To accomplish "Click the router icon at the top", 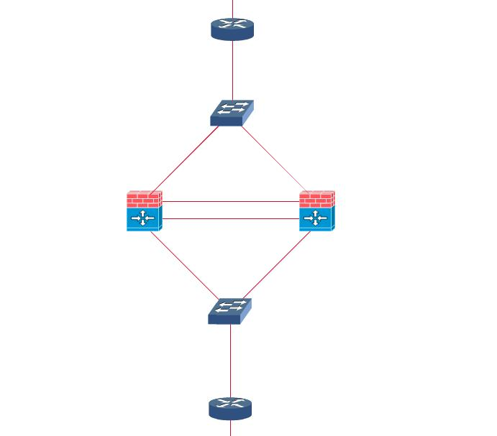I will point(232,29).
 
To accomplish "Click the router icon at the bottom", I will point(230,408).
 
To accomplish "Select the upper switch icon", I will point(232,113).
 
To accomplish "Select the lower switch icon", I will point(229,311).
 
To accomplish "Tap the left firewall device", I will point(144,210).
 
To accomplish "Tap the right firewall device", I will point(316,210).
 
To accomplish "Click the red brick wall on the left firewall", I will point(144,198).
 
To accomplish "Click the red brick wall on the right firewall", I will point(316,198).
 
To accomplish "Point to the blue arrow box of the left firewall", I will point(144,218).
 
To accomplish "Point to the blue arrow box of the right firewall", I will point(316,218).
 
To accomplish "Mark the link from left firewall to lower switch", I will point(183,266).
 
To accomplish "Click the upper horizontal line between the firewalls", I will point(230,202).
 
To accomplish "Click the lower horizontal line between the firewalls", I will point(230,218).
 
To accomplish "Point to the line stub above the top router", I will point(232,7).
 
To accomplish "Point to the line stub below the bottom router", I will point(230,428).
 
